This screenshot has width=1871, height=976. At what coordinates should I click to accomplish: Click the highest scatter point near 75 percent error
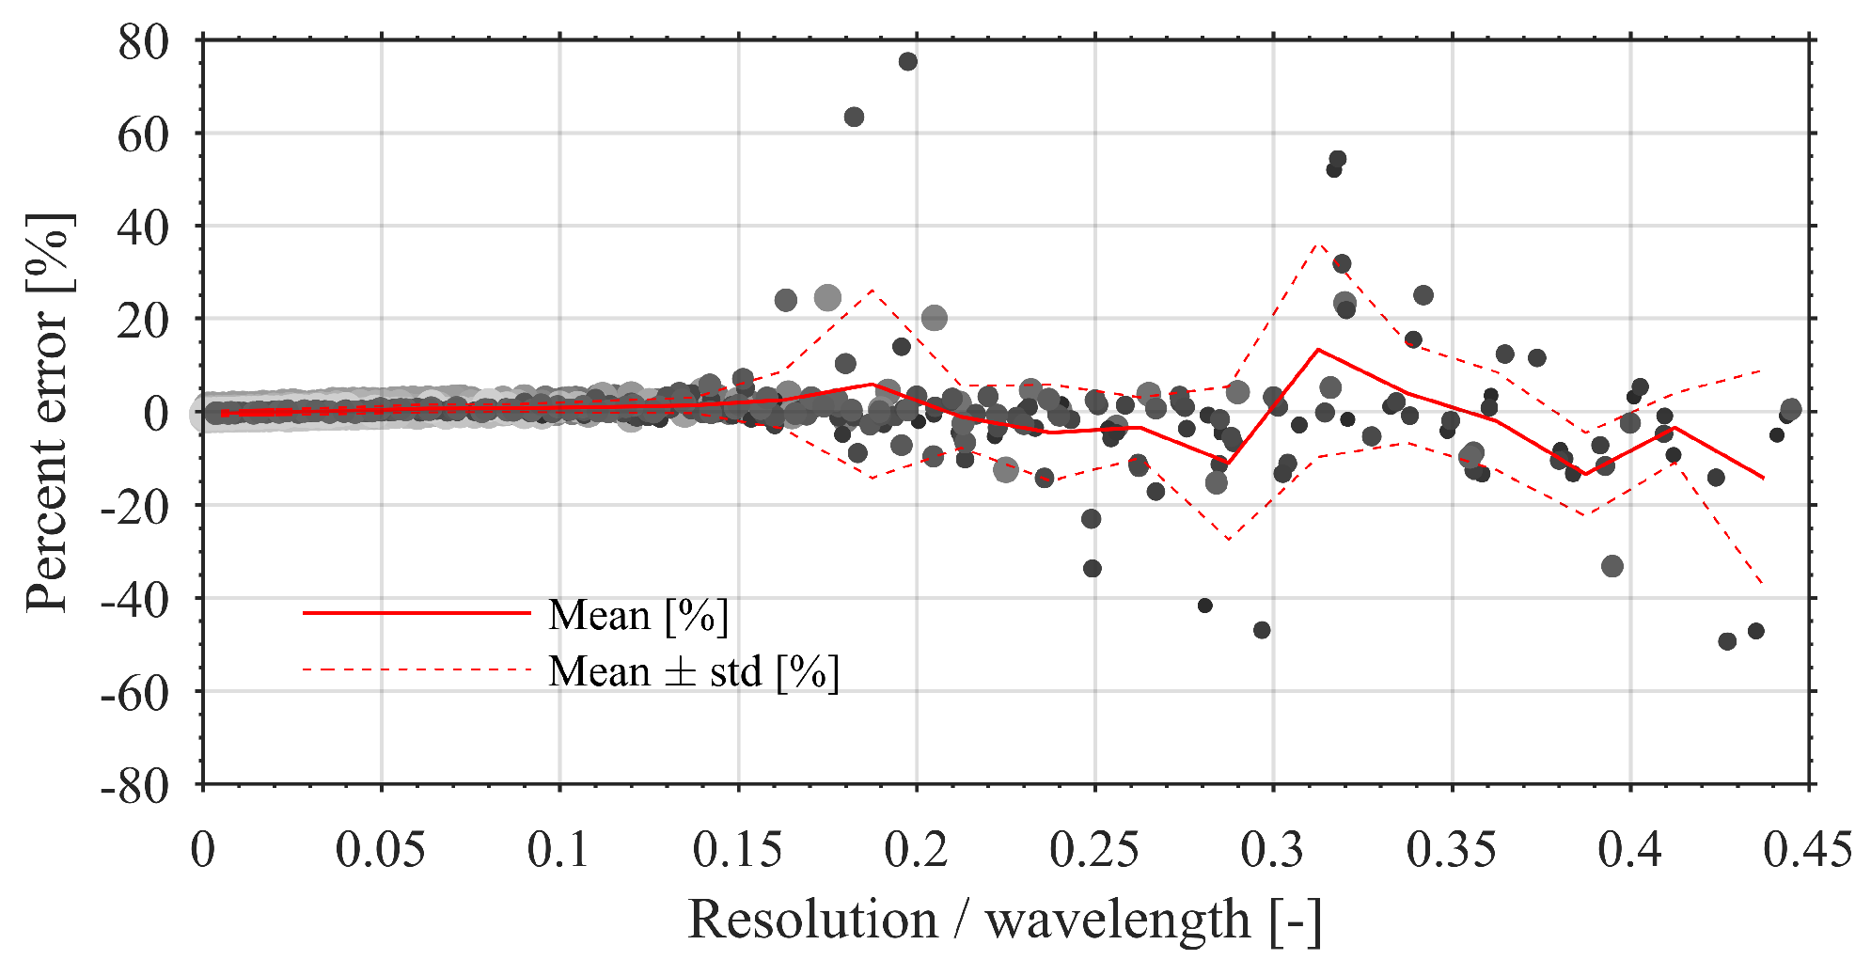click(907, 62)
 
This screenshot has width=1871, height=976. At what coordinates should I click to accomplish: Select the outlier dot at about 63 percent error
click(854, 118)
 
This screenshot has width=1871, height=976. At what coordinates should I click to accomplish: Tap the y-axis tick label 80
click(143, 42)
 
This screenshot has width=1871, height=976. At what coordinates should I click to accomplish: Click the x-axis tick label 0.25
click(1093, 850)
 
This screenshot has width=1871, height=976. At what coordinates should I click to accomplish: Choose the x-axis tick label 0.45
click(1807, 850)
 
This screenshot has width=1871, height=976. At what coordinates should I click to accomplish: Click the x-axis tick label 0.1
click(558, 850)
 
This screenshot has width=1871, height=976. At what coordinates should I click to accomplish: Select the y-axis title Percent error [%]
click(47, 412)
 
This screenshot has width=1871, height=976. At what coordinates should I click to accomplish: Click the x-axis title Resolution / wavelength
click(1004, 920)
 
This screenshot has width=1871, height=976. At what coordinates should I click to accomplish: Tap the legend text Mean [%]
click(638, 616)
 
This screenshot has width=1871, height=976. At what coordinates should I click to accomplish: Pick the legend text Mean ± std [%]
click(694, 672)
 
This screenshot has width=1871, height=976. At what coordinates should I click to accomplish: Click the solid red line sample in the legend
click(417, 613)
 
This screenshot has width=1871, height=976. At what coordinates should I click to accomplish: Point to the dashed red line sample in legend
click(417, 669)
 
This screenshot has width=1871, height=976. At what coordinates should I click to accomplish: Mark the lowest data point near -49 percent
click(1727, 641)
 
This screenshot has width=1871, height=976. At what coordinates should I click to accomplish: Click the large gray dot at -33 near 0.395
click(1612, 566)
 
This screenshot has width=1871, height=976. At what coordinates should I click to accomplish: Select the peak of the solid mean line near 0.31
click(1318, 350)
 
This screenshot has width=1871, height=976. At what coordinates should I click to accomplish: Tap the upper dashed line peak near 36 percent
click(1319, 243)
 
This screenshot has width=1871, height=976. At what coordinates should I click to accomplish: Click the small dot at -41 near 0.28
click(1204, 606)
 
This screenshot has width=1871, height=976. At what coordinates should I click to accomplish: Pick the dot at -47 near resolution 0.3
click(1262, 630)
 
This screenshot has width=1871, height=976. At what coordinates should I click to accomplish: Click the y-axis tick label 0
click(155, 413)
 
